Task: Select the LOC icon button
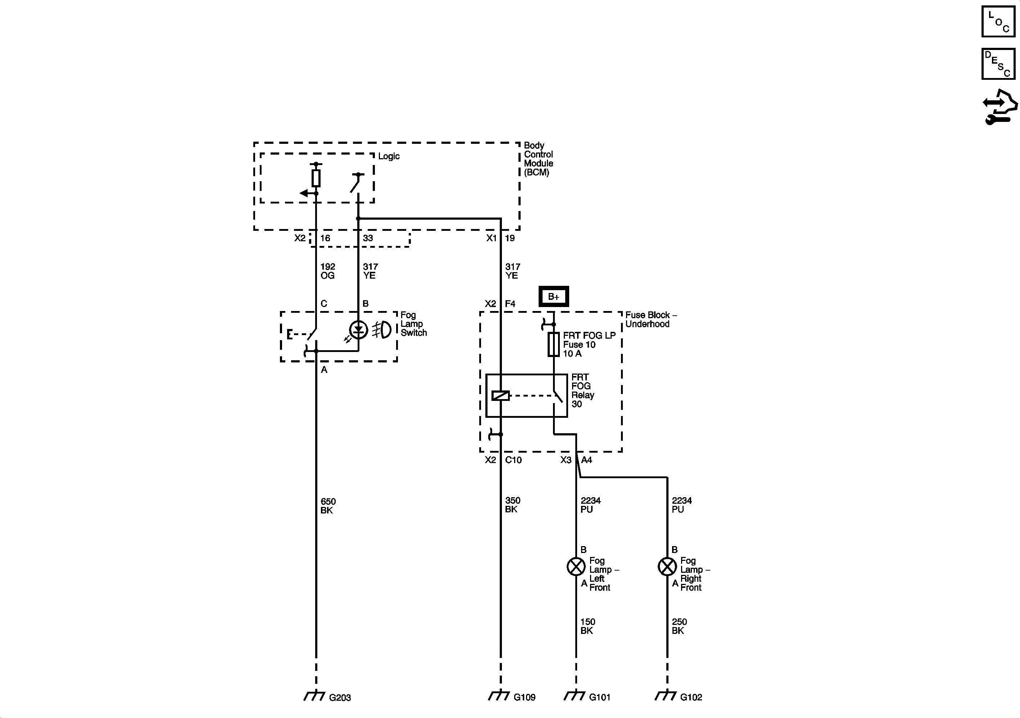998,21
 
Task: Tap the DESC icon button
998,64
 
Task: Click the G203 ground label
340,698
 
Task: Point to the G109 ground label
524,697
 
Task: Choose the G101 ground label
599,697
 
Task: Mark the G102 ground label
691,697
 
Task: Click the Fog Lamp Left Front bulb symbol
576,567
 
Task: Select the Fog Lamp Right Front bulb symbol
667,567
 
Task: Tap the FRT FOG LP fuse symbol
554,344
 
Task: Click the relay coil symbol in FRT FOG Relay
501,395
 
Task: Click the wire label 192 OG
327,271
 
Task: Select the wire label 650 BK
327,506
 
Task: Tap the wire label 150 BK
587,626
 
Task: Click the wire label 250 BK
679,626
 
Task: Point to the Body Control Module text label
538,159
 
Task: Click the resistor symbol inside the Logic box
316,178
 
